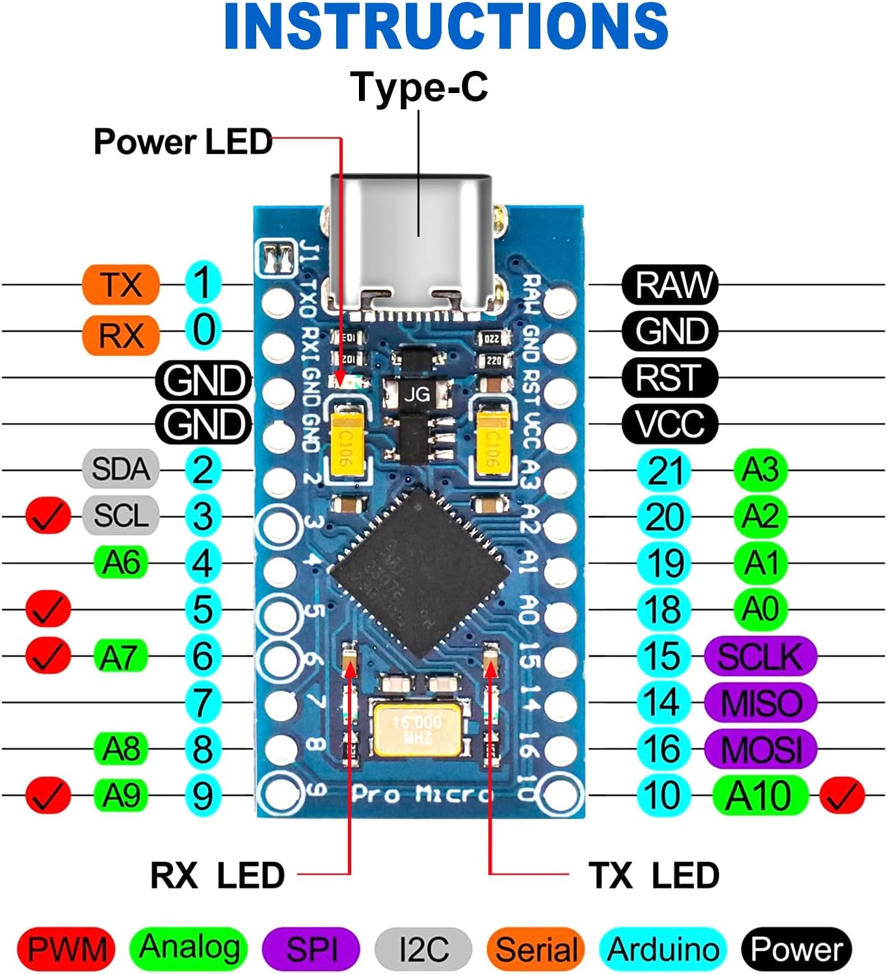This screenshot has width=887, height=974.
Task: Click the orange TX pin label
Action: (121, 284)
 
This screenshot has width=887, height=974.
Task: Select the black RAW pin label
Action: (670, 284)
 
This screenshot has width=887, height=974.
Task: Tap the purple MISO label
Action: (760, 703)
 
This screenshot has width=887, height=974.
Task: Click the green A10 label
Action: (760, 795)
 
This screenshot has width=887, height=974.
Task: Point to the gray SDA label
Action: (121, 469)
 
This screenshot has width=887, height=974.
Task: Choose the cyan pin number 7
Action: (203, 703)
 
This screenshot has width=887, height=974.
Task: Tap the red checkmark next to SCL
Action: (48, 516)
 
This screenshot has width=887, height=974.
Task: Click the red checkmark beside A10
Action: (842, 795)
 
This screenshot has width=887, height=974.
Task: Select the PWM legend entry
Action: (66, 949)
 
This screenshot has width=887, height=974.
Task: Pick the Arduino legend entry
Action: (663, 949)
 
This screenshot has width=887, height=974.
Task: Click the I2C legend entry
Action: (423, 949)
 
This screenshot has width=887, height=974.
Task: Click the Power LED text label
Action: (183, 142)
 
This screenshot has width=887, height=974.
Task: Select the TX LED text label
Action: (654, 875)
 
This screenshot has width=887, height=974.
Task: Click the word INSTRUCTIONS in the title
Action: (445, 27)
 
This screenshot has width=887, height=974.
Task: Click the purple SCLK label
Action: (760, 656)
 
